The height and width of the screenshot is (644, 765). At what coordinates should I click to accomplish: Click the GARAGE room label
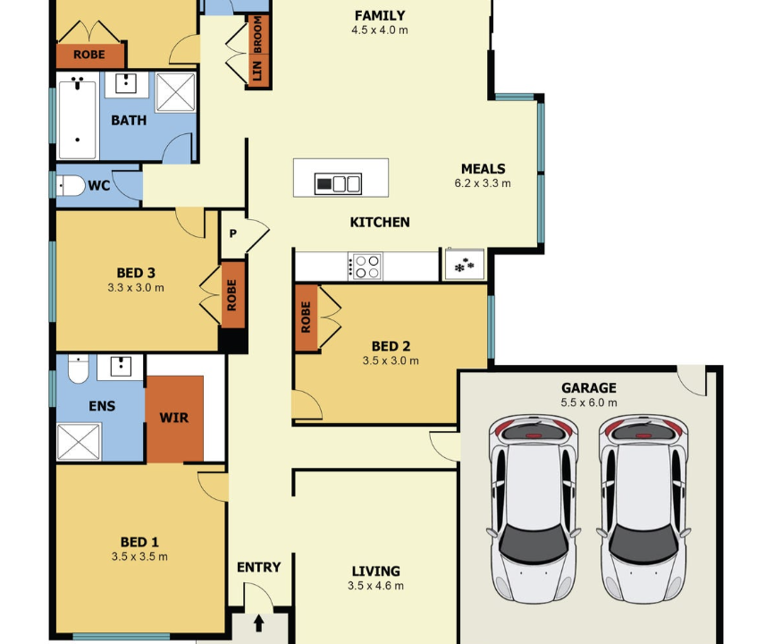coord(588,388)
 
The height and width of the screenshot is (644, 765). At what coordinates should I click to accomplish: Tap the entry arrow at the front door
coord(259,623)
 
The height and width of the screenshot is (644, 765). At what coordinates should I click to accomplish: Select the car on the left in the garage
coord(534,509)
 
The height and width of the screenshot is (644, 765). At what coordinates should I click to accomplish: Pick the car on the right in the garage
coord(643,509)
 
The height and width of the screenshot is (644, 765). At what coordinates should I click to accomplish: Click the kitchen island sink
coord(338,184)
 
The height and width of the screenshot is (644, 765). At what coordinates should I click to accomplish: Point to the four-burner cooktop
coord(365,267)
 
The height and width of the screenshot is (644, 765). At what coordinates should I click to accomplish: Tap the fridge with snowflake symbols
coord(465,265)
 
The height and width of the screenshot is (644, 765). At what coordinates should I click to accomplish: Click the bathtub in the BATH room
coord(78,119)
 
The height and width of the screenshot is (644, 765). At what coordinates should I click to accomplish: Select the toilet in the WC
coord(71,185)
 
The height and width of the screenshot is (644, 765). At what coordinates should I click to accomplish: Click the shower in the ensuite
coord(79,442)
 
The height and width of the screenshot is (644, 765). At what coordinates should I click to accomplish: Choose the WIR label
coord(173,418)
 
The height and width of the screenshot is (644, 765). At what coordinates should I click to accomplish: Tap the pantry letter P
coord(233,233)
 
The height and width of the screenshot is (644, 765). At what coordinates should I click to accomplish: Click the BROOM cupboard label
coord(257,34)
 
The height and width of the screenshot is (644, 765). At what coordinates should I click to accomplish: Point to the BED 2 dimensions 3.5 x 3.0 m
coord(391,360)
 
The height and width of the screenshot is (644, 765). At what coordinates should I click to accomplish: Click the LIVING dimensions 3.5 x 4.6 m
coord(375,586)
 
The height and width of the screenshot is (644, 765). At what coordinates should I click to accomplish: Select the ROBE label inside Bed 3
coord(231,295)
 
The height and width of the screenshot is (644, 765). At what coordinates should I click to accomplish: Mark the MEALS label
coord(483,169)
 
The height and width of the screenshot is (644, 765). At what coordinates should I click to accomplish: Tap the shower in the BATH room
coord(176,92)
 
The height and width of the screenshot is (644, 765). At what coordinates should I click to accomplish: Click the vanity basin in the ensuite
coord(121,367)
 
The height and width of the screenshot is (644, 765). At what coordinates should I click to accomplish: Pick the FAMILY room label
coord(380,16)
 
